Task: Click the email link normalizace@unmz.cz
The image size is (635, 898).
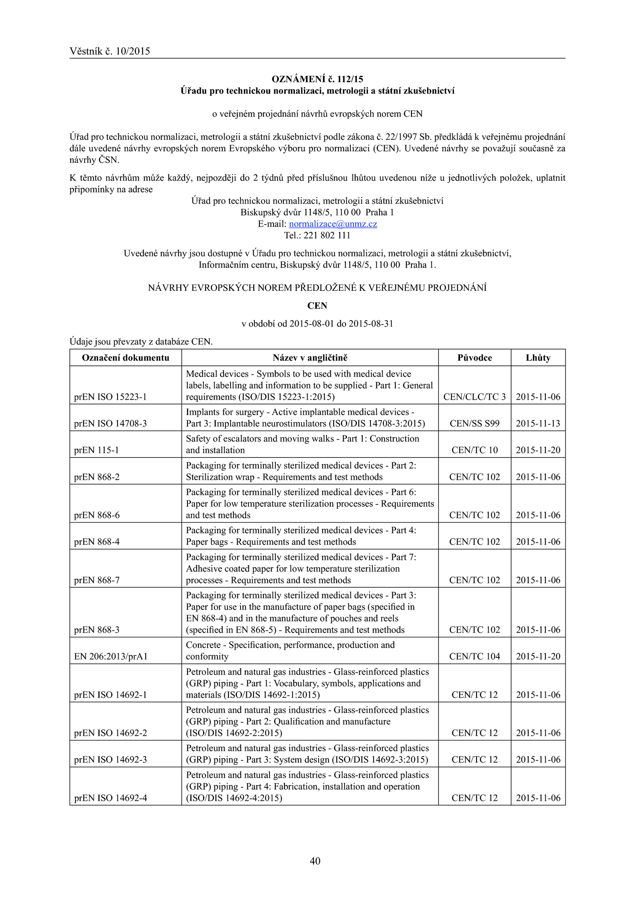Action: tap(333, 224)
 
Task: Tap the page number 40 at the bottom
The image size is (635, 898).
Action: tap(315, 861)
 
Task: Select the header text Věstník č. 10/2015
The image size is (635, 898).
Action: tap(110, 51)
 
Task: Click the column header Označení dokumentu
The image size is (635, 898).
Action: tap(125, 358)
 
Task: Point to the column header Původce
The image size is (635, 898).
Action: tap(475, 358)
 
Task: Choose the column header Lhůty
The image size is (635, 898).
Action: tap(538, 358)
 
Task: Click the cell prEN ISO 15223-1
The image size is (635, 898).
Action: tap(110, 397)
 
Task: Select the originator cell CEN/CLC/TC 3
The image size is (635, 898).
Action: tap(475, 397)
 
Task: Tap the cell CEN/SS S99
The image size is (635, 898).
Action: tap(475, 423)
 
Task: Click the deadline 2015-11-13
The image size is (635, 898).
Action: tap(538, 423)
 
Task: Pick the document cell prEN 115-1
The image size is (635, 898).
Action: tap(96, 450)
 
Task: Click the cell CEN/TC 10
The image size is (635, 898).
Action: tap(475, 450)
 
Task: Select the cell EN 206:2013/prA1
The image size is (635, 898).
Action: tap(111, 656)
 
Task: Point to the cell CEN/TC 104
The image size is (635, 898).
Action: tap(475, 656)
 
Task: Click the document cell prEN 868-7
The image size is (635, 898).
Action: tap(97, 580)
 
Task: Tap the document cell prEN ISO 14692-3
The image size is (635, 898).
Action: tap(110, 760)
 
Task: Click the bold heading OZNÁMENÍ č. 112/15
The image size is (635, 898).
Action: tap(317, 79)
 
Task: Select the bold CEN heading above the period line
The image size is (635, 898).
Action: tap(317, 306)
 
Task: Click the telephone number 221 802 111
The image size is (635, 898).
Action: tap(327, 235)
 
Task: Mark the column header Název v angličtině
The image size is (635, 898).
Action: tap(310, 358)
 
